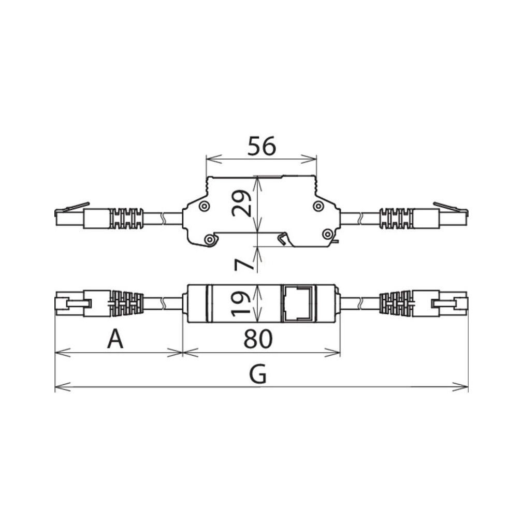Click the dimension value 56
[x=262, y=146]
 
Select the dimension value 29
[x=242, y=203]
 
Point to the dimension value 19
[x=241, y=303]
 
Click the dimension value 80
[x=258, y=339]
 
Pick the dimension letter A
[x=115, y=339]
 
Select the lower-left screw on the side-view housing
[x=210, y=239]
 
